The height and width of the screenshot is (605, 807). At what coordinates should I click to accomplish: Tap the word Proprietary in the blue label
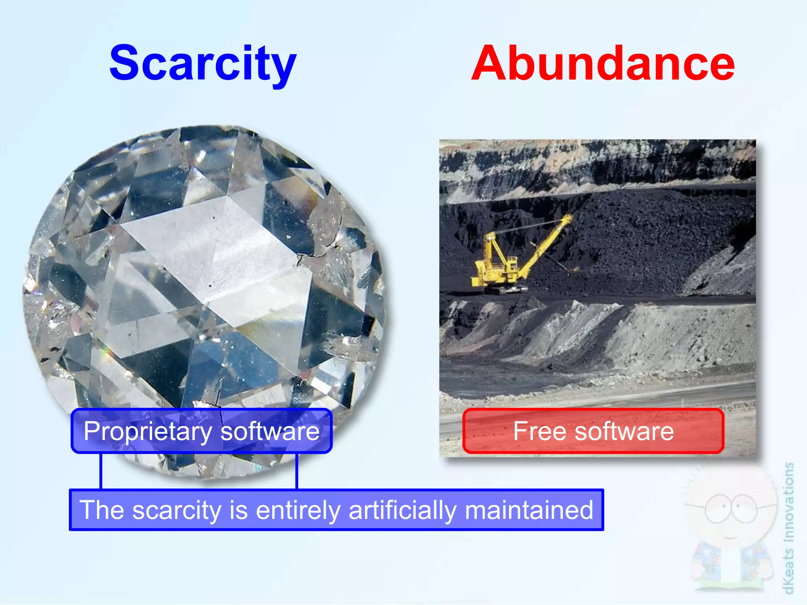[x=148, y=432]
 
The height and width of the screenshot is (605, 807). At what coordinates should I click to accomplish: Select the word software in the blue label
[x=270, y=431]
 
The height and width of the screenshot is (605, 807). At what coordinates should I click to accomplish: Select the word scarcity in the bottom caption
[x=178, y=510]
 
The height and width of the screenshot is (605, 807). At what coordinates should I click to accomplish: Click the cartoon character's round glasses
[x=731, y=508]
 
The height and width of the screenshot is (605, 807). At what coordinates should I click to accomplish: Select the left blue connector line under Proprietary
[x=101, y=471]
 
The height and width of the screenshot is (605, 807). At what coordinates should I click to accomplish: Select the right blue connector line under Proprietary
[x=296, y=471]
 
